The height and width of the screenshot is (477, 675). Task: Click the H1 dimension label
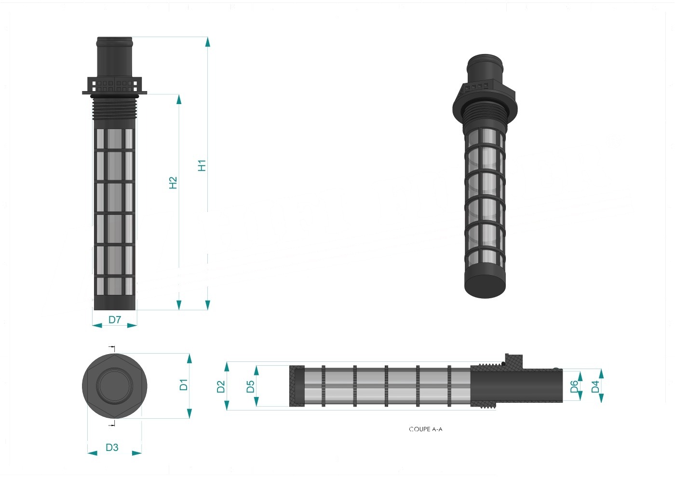[202, 166]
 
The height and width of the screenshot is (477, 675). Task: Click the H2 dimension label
[173, 183]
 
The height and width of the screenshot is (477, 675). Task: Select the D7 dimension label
[115, 319]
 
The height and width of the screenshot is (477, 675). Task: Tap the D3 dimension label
[112, 448]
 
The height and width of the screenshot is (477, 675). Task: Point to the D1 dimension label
[184, 385]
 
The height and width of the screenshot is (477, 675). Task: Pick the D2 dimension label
[221, 386]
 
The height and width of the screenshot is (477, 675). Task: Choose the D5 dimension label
[250, 386]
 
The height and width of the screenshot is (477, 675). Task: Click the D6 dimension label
[575, 386]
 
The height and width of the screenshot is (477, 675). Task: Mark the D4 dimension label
[595, 386]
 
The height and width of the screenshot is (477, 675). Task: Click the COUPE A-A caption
[425, 429]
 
